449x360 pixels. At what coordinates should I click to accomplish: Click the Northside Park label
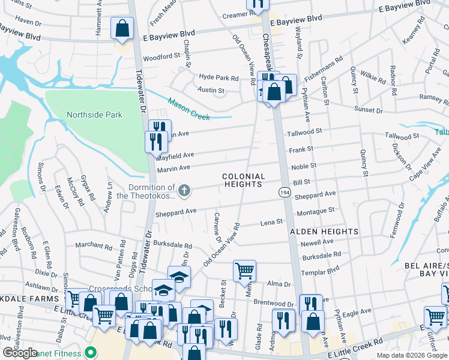pos(94,115)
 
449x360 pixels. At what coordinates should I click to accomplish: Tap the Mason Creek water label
pos(189,109)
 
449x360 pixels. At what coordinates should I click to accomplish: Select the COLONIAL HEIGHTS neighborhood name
pos(243,180)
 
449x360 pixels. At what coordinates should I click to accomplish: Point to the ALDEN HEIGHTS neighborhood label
pos(325,231)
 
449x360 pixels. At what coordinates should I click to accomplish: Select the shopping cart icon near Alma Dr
pos(244,271)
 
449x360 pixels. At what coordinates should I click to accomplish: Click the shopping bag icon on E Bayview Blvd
pos(122,28)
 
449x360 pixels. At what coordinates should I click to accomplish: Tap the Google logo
pos(20,353)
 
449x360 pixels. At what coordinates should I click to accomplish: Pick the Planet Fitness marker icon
pos(91,353)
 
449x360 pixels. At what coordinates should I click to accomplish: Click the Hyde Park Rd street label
pos(219,78)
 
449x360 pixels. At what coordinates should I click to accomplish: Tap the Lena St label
pos(271,223)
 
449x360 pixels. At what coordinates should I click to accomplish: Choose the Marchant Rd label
pos(93,245)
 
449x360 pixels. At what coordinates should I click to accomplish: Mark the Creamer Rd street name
pos(226,15)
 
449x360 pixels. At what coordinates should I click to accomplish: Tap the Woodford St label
pos(162,56)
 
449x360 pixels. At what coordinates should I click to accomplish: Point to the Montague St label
pos(316,211)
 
